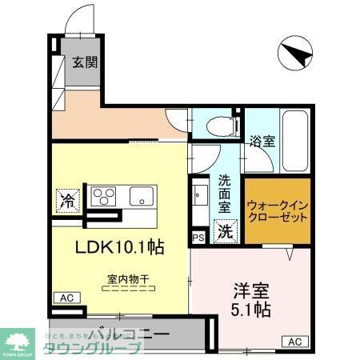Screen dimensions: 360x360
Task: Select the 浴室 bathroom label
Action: click(262, 142)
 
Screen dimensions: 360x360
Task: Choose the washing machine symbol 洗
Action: click(226, 232)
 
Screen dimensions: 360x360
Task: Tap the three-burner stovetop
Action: click(104, 197)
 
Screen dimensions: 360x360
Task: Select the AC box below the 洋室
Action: click(294, 342)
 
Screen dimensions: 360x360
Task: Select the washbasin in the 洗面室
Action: click(200, 194)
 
